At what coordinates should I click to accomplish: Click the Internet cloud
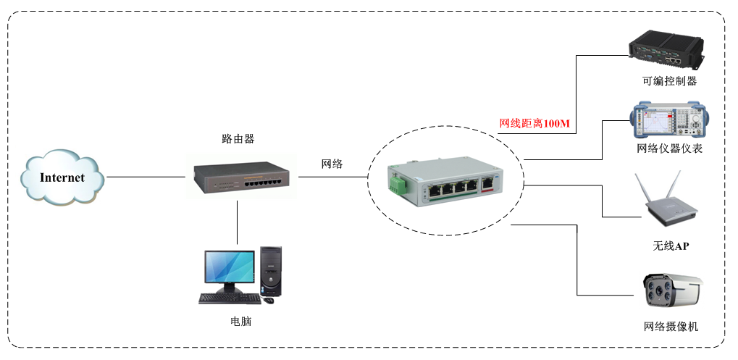tap(62, 177)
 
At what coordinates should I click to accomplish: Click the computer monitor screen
tap(230, 267)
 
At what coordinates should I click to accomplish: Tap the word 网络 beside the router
tap(332, 164)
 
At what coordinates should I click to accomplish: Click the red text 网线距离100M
tap(534, 124)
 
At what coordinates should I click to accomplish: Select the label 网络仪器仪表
tap(669, 149)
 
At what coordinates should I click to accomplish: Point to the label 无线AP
tap(671, 246)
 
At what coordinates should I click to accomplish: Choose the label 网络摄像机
tap(671, 327)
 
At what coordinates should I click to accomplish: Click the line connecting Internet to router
tap(145, 177)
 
